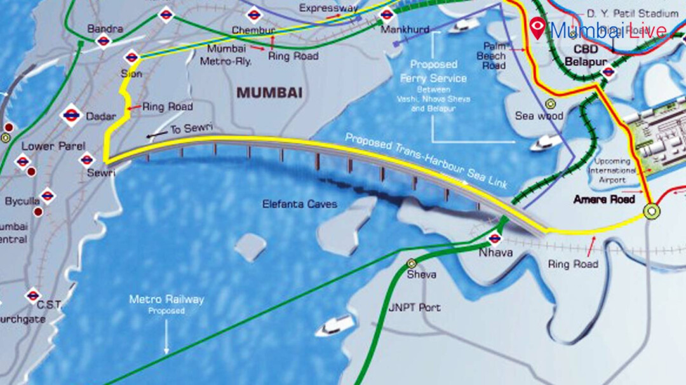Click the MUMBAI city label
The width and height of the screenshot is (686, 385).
(x=269, y=93)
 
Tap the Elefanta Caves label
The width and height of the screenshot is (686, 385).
(x=300, y=205)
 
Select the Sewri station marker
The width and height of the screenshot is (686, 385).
(x=87, y=159)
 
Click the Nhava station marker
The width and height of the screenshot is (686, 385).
(x=494, y=239)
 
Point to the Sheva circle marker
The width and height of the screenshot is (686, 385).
(x=412, y=262)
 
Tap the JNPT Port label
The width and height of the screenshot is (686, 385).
(x=414, y=307)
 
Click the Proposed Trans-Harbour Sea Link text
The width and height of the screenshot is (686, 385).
(x=426, y=161)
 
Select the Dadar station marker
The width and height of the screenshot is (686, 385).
(x=71, y=116)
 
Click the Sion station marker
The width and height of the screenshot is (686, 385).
(x=132, y=57)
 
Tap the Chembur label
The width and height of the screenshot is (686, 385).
(x=253, y=30)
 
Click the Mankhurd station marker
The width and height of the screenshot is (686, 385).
(x=386, y=15)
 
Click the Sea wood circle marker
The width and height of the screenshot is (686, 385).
(x=551, y=103)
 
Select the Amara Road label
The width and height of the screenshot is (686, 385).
(x=604, y=199)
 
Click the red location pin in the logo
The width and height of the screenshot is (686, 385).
(x=538, y=28)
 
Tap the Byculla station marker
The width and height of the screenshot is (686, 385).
(x=47, y=196)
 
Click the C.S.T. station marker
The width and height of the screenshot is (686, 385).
(x=33, y=295)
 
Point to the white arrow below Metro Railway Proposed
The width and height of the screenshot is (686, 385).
(x=166, y=337)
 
